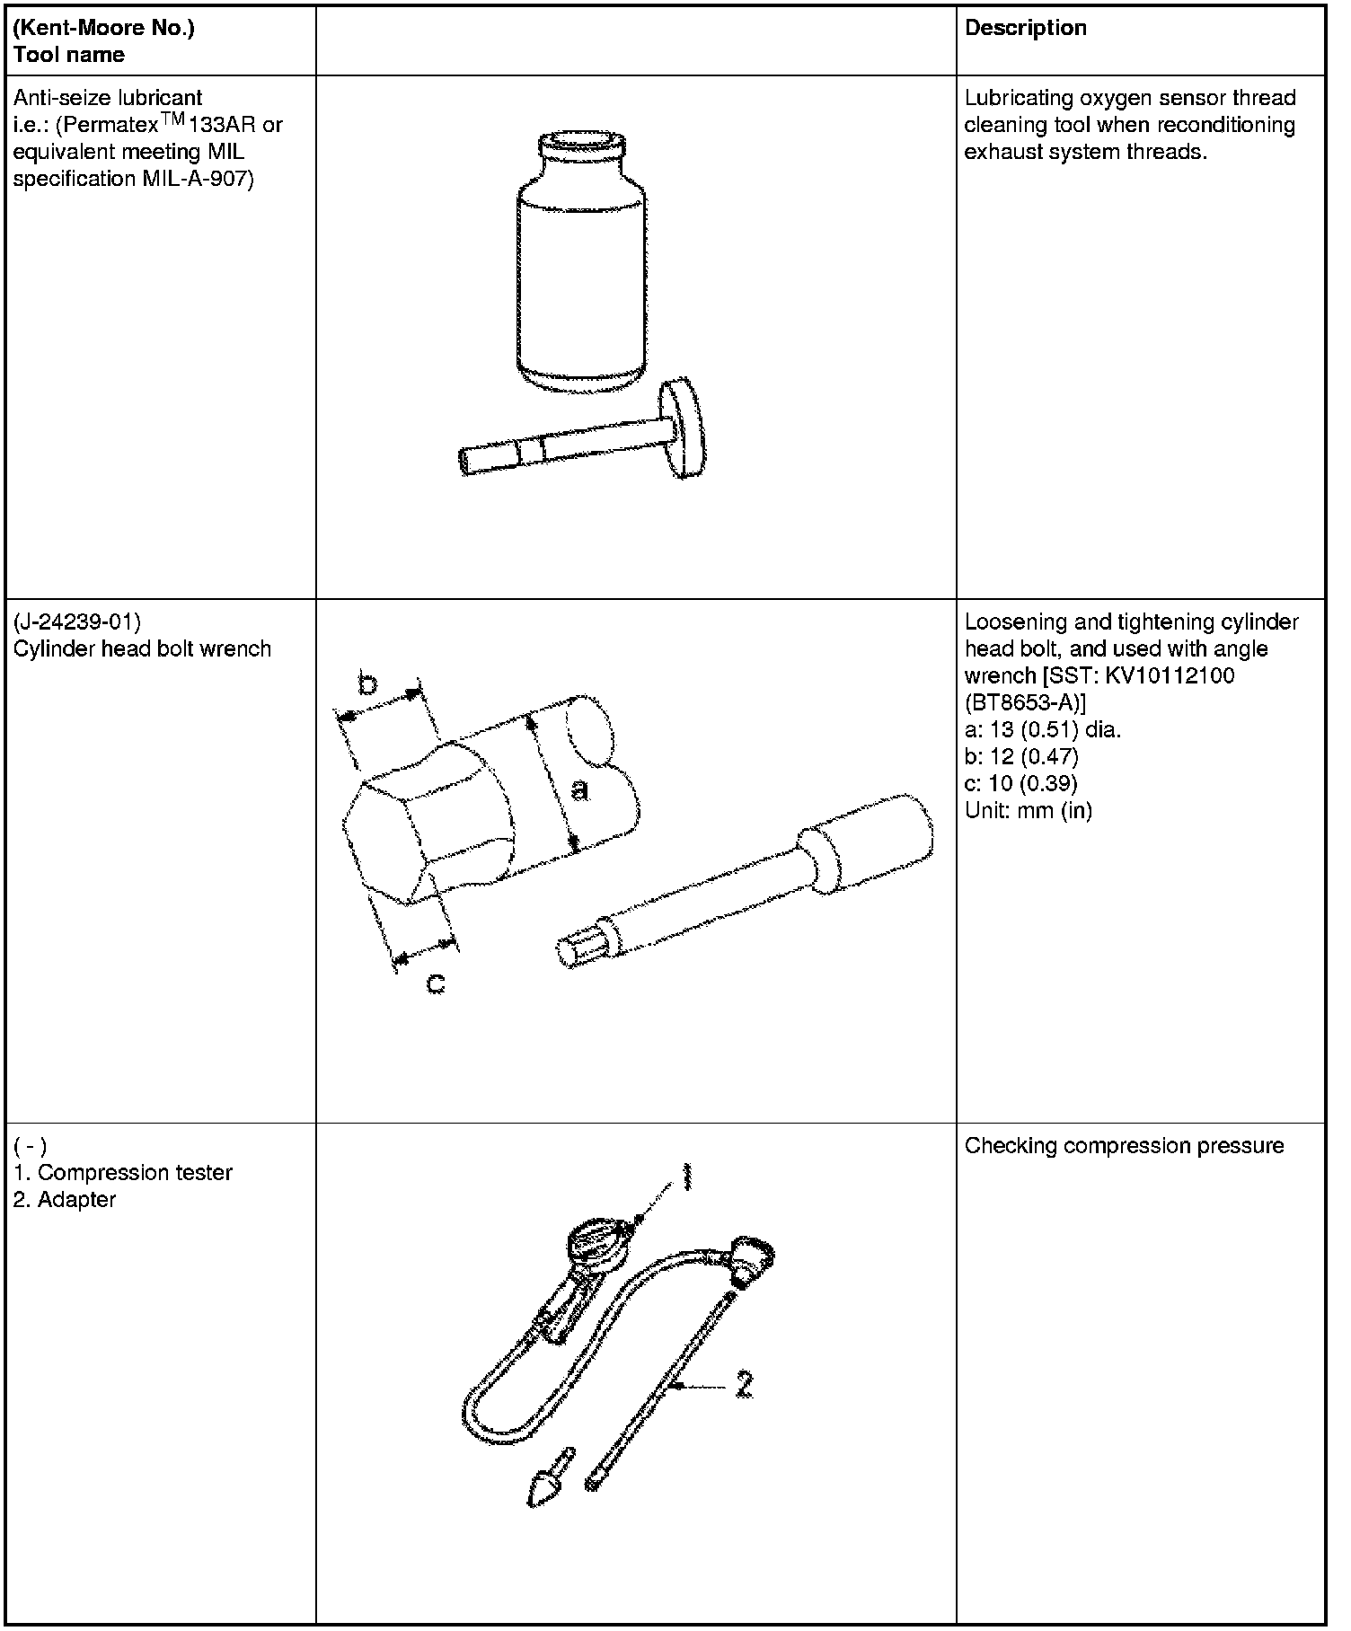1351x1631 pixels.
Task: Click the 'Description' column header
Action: coord(1025,28)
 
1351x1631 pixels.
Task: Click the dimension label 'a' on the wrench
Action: coord(581,789)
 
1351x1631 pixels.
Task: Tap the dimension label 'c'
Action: coord(435,983)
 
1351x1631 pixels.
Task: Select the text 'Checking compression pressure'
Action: coord(1124,1145)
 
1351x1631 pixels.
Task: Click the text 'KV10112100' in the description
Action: coord(1169,675)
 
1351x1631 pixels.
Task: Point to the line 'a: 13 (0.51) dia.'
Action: coord(1042,729)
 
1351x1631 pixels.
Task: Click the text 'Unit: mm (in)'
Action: coord(1028,810)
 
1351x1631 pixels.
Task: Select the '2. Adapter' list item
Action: coord(65,1199)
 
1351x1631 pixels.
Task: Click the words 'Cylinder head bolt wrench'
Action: coord(142,648)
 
